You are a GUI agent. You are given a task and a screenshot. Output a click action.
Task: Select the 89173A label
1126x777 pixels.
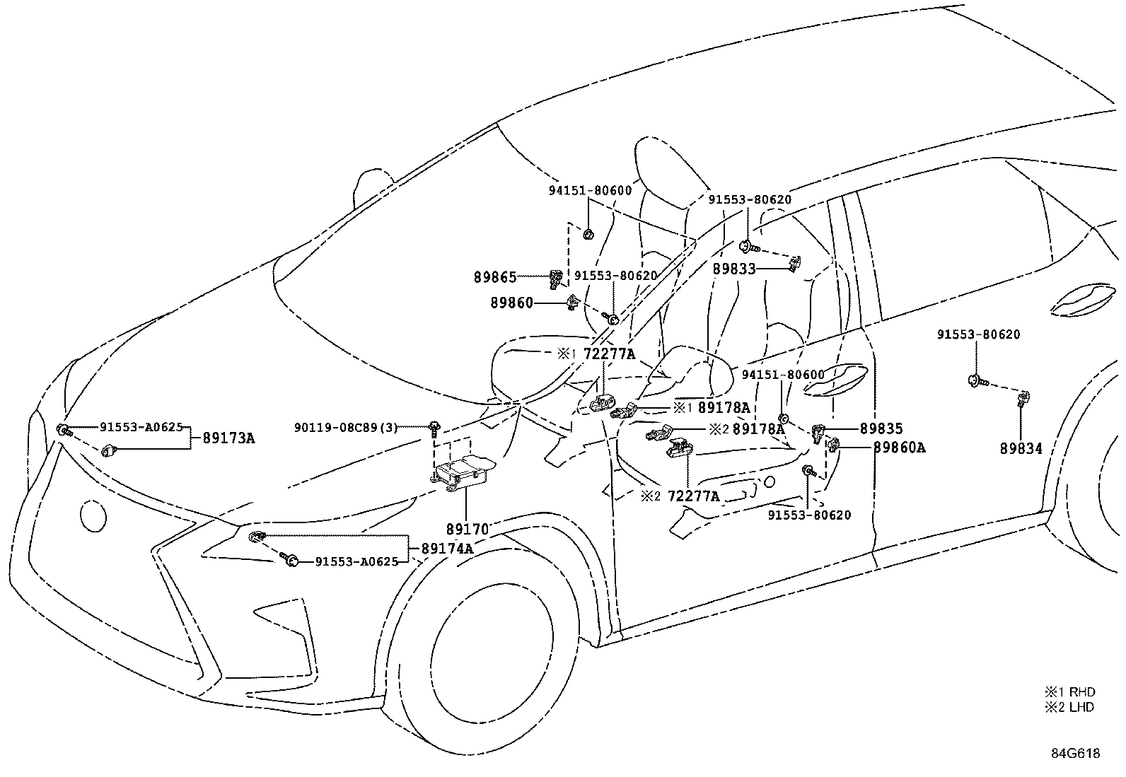tap(228, 438)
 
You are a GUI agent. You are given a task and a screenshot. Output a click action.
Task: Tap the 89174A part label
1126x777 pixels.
tap(447, 549)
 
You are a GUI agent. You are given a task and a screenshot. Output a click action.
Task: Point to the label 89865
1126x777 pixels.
tap(495, 278)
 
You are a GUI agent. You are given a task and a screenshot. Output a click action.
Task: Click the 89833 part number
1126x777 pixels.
tap(734, 269)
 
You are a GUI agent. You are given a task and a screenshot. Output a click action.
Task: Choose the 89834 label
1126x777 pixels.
tap(1021, 448)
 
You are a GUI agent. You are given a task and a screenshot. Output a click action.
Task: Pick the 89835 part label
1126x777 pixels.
tap(881, 428)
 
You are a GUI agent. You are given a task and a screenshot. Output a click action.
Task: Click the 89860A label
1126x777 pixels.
tap(899, 448)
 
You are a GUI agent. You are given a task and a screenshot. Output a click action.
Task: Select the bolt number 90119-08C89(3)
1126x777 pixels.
tap(346, 427)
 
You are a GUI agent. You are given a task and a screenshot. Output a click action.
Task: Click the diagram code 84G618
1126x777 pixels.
tap(1074, 754)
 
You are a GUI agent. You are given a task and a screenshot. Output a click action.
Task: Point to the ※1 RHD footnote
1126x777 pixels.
tap(1069, 692)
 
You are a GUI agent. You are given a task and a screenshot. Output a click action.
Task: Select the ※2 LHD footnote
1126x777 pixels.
tap(1069, 707)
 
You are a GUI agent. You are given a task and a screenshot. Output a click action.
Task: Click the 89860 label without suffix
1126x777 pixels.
tap(511, 303)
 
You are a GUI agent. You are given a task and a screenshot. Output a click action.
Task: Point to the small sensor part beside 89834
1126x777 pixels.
tap(1022, 400)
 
